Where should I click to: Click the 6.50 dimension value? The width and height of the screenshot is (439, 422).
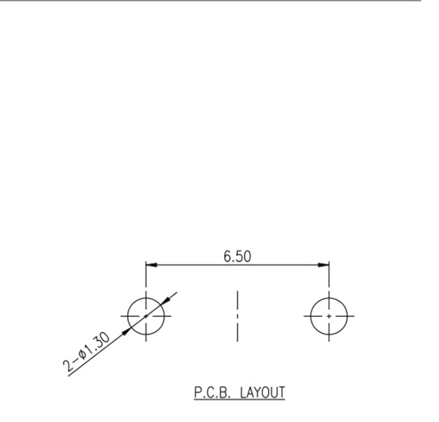(237, 256)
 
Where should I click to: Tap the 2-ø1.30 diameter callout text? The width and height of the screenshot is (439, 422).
(86, 352)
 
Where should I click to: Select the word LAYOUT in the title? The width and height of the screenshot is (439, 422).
(263, 392)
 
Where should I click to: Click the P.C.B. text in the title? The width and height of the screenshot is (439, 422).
(212, 392)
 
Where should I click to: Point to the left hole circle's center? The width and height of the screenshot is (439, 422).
(146, 316)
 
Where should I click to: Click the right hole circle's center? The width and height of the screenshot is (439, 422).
(329, 316)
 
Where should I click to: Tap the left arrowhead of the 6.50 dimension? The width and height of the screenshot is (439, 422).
(151, 265)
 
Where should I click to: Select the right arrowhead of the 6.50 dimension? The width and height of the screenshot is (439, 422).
(324, 265)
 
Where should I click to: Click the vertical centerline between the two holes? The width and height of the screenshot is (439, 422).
(237, 316)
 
